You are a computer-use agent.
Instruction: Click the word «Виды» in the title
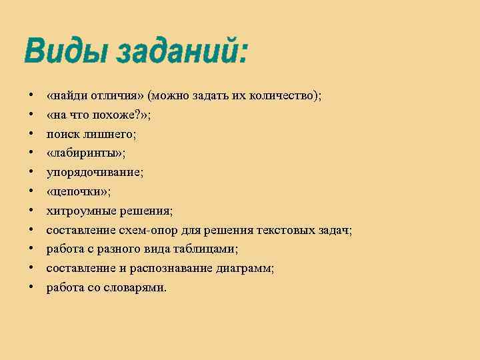(x=65, y=51)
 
